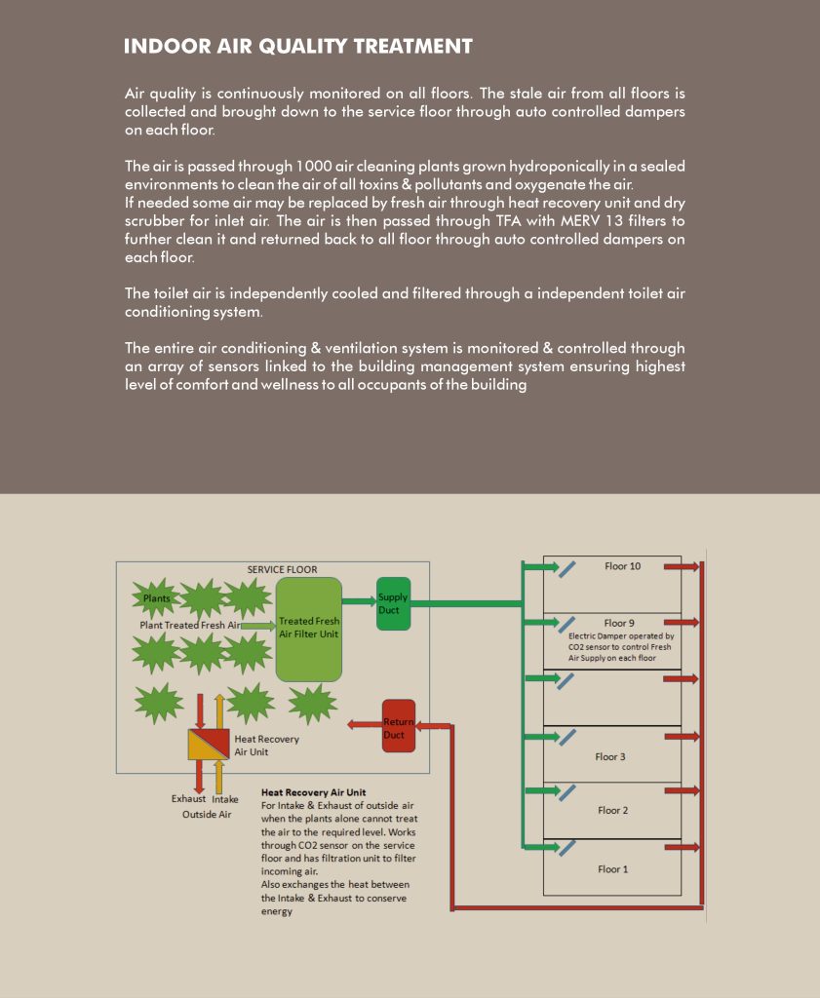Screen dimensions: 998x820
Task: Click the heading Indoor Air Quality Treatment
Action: point(298,47)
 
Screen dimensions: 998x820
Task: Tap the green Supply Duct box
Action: point(394,603)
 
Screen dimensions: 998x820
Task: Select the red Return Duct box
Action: point(398,726)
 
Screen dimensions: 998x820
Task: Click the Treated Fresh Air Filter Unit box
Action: point(309,629)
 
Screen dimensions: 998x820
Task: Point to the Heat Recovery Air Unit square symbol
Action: point(208,745)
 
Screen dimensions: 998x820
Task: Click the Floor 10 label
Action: point(622,566)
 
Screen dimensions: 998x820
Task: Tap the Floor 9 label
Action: point(619,623)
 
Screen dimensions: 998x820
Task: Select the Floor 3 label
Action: point(610,756)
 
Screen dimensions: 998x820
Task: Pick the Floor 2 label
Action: point(613,810)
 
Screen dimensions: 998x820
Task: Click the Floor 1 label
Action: point(613,868)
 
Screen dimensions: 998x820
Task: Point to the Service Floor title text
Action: point(282,570)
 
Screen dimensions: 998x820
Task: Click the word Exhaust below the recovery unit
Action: point(189,799)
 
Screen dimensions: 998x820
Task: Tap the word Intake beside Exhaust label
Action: point(225,799)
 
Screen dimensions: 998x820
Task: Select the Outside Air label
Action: point(207,814)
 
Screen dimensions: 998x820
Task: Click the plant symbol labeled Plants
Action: point(156,598)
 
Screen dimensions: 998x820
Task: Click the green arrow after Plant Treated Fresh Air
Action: point(257,625)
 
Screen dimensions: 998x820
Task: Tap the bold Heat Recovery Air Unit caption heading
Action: point(313,792)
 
